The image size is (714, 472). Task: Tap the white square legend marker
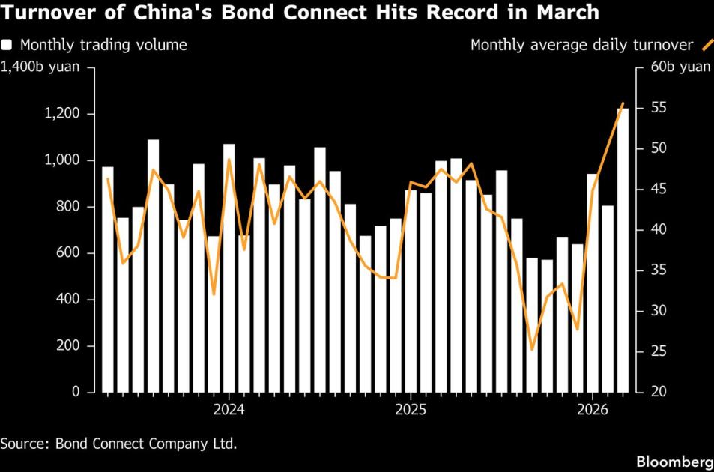pyautogui.click(x=6, y=45)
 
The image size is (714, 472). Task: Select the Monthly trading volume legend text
pyautogui.click(x=104, y=45)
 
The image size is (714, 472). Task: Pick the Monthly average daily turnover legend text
pyautogui.click(x=581, y=45)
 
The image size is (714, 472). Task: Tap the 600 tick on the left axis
pyautogui.click(x=66, y=253)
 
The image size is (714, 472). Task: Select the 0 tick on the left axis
pyautogui.click(x=76, y=392)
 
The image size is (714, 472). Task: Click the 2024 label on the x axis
pyautogui.click(x=229, y=410)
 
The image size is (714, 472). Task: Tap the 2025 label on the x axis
pyautogui.click(x=411, y=410)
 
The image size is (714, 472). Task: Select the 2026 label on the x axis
pyautogui.click(x=593, y=410)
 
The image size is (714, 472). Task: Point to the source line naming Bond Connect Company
pyautogui.click(x=118, y=443)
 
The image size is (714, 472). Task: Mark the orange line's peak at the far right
pyautogui.click(x=623, y=103)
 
